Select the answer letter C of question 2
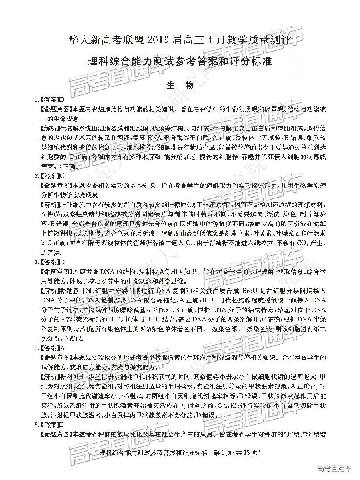[62, 176]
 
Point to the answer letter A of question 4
[62, 348]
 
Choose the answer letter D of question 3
[62, 262]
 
